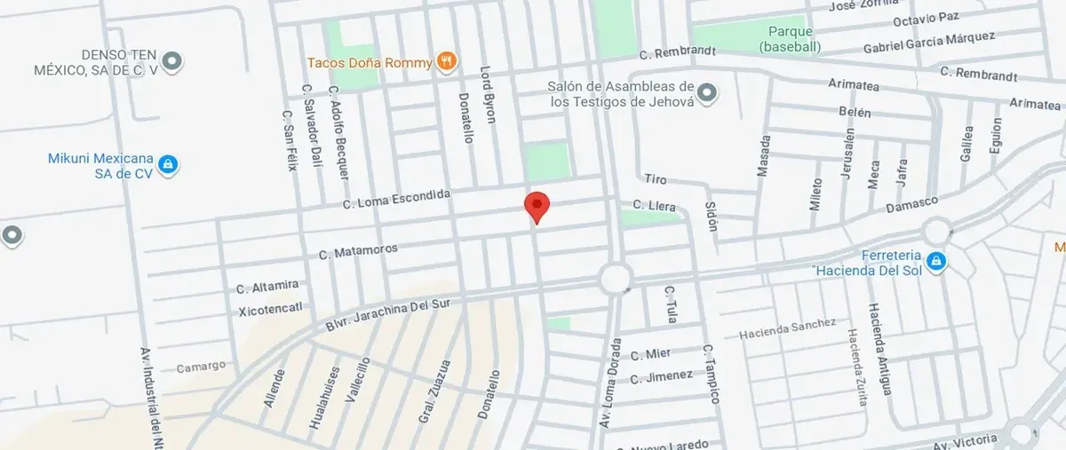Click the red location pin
pos(537,206)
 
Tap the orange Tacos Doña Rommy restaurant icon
pos(447,62)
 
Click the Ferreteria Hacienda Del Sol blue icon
pos(935,261)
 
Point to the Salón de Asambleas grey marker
pos(707,92)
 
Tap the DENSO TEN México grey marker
pos(174,61)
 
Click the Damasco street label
pos(911,205)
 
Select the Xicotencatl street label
pos(271,309)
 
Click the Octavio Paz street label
pos(926,18)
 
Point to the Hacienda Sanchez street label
pos(788,328)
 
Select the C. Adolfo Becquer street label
pos(338,132)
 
